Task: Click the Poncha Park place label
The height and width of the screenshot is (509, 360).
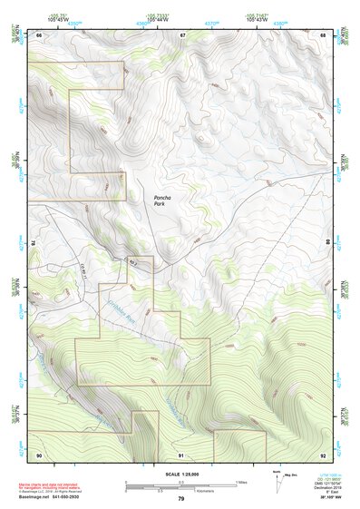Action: click(160, 201)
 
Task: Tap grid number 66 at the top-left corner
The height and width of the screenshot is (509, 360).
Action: click(39, 34)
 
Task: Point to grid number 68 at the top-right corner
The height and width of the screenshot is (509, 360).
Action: click(324, 34)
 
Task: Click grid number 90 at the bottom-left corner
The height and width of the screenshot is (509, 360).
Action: click(39, 454)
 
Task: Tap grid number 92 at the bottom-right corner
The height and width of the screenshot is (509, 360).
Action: click(324, 454)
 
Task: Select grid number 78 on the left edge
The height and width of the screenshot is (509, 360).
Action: click(34, 244)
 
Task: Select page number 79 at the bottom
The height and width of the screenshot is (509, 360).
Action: click(180, 499)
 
